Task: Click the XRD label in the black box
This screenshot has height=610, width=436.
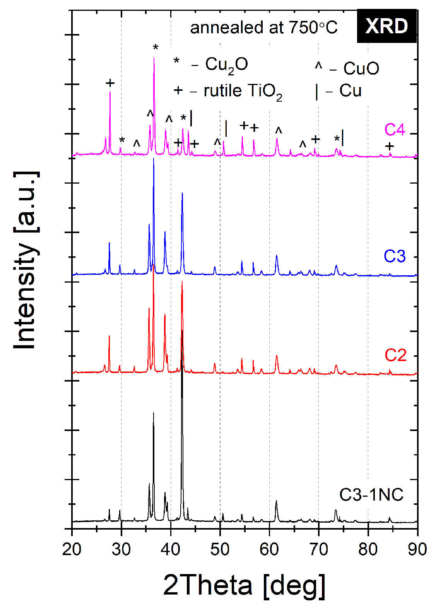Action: (386, 26)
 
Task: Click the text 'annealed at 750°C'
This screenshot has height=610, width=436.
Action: (264, 28)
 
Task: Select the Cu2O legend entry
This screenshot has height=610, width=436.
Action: (211, 65)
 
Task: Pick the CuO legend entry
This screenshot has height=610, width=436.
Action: (347, 68)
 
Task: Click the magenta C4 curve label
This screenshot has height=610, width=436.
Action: (395, 129)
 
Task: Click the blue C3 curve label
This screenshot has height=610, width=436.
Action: (395, 256)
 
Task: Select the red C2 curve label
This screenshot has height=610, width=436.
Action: (395, 355)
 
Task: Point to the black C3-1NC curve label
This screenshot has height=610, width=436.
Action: (371, 495)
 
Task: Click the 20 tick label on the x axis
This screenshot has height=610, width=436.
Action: (72, 549)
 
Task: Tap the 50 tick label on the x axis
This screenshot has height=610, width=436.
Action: (220, 549)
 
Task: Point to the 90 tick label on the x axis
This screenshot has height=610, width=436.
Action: (417, 549)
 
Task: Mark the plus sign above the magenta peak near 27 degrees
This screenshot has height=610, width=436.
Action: (110, 83)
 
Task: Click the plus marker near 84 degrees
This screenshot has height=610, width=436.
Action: (390, 147)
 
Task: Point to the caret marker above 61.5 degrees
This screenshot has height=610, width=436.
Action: (279, 131)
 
